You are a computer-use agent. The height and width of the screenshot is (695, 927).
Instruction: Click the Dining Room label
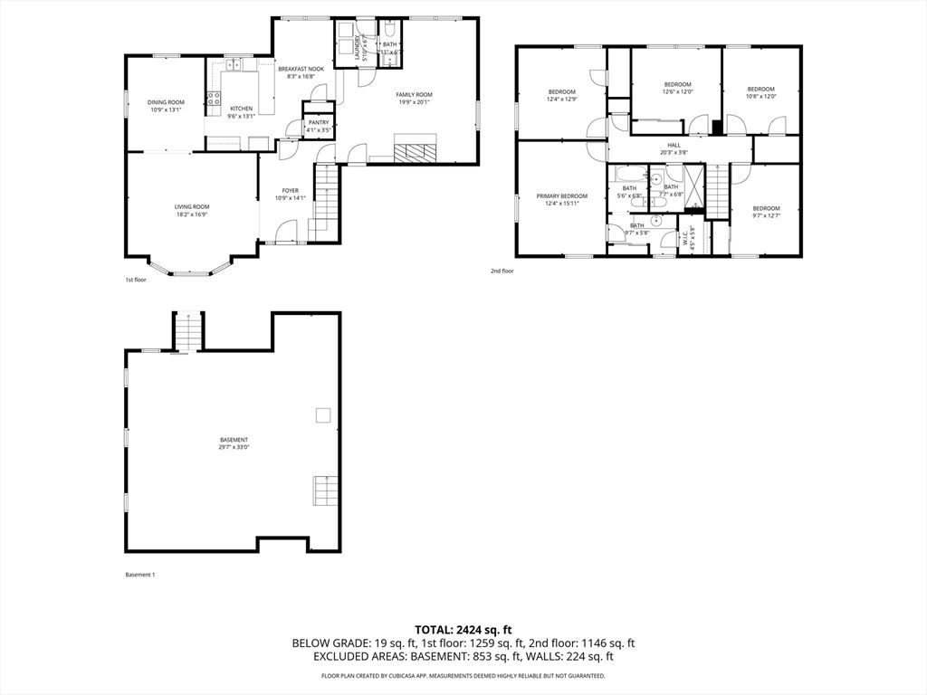tap(166, 102)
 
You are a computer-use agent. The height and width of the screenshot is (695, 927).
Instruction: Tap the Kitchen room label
tap(241, 109)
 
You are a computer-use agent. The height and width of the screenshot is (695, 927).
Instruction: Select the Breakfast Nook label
tap(301, 70)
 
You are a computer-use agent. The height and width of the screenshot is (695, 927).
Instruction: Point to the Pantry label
tap(319, 122)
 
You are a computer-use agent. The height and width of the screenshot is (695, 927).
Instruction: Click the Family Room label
tap(414, 95)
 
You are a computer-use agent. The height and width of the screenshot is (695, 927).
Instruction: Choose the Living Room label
tap(192, 207)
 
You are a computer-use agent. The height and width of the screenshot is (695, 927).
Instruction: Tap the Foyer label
tap(290, 190)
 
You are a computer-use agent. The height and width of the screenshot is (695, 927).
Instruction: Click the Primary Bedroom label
tap(561, 196)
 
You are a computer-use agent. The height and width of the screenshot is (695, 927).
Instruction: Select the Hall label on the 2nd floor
tap(674, 145)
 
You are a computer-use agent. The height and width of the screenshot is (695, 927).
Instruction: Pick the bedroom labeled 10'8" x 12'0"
tap(760, 89)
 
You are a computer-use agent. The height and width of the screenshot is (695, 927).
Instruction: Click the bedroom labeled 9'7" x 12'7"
tap(766, 208)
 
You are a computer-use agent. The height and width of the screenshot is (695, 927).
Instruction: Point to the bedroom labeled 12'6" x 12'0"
tap(677, 84)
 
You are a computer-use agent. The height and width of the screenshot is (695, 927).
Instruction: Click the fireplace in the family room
tap(415, 150)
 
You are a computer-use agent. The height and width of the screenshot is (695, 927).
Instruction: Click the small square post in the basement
tap(322, 414)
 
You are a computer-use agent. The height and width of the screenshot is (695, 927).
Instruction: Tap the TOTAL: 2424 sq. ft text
tap(463, 629)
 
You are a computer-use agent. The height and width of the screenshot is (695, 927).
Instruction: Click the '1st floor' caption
tap(135, 280)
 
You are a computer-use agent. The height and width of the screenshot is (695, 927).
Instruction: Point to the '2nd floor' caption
tap(502, 271)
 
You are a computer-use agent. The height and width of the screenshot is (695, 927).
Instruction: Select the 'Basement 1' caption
tap(139, 575)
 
